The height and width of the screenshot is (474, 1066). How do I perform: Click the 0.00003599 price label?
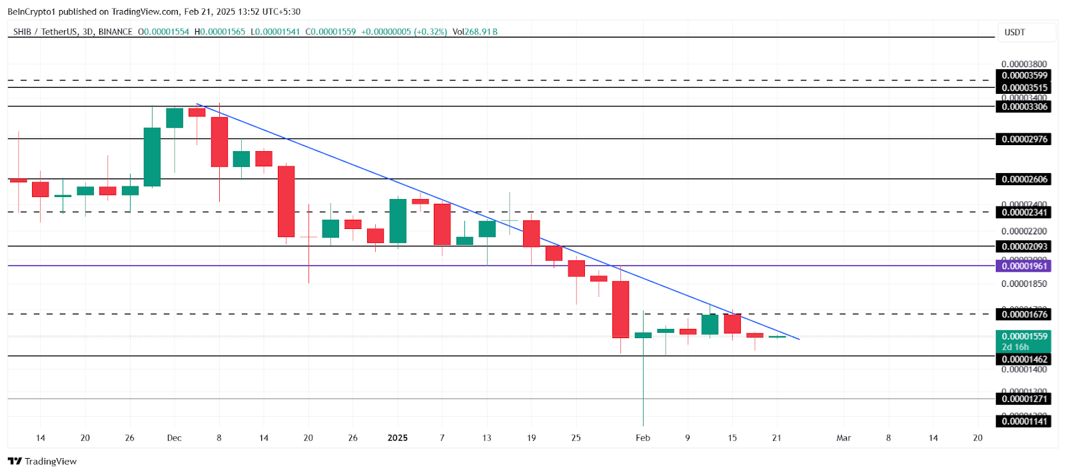point(1024,76)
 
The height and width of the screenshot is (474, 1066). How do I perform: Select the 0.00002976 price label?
point(1024,139)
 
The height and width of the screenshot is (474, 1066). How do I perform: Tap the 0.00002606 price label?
point(1024,179)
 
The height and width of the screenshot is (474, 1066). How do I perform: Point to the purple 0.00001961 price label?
point(1024,266)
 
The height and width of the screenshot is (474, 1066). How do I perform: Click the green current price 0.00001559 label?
point(1024,337)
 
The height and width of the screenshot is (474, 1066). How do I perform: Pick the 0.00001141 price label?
point(1024,421)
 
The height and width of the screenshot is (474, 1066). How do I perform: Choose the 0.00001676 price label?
point(1024,314)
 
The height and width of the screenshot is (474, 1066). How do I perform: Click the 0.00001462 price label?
point(1024,359)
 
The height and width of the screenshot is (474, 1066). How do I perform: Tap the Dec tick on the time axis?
point(174,438)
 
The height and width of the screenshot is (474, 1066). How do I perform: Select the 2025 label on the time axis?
point(397,438)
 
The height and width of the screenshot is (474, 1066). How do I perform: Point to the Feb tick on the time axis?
point(642,438)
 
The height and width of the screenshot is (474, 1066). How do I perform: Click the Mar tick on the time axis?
point(843,438)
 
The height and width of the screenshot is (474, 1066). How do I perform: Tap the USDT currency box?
point(1015,33)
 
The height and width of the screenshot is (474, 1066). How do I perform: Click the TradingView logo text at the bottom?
point(50,461)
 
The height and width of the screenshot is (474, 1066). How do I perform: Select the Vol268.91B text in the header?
point(474,32)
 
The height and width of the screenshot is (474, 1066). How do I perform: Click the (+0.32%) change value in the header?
point(430,32)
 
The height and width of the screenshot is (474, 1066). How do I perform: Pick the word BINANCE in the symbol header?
point(115,32)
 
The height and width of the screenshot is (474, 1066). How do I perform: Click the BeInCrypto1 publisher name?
point(31,11)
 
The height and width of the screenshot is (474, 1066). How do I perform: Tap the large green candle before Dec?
point(152,157)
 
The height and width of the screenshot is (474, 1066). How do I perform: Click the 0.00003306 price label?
point(1024,107)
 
